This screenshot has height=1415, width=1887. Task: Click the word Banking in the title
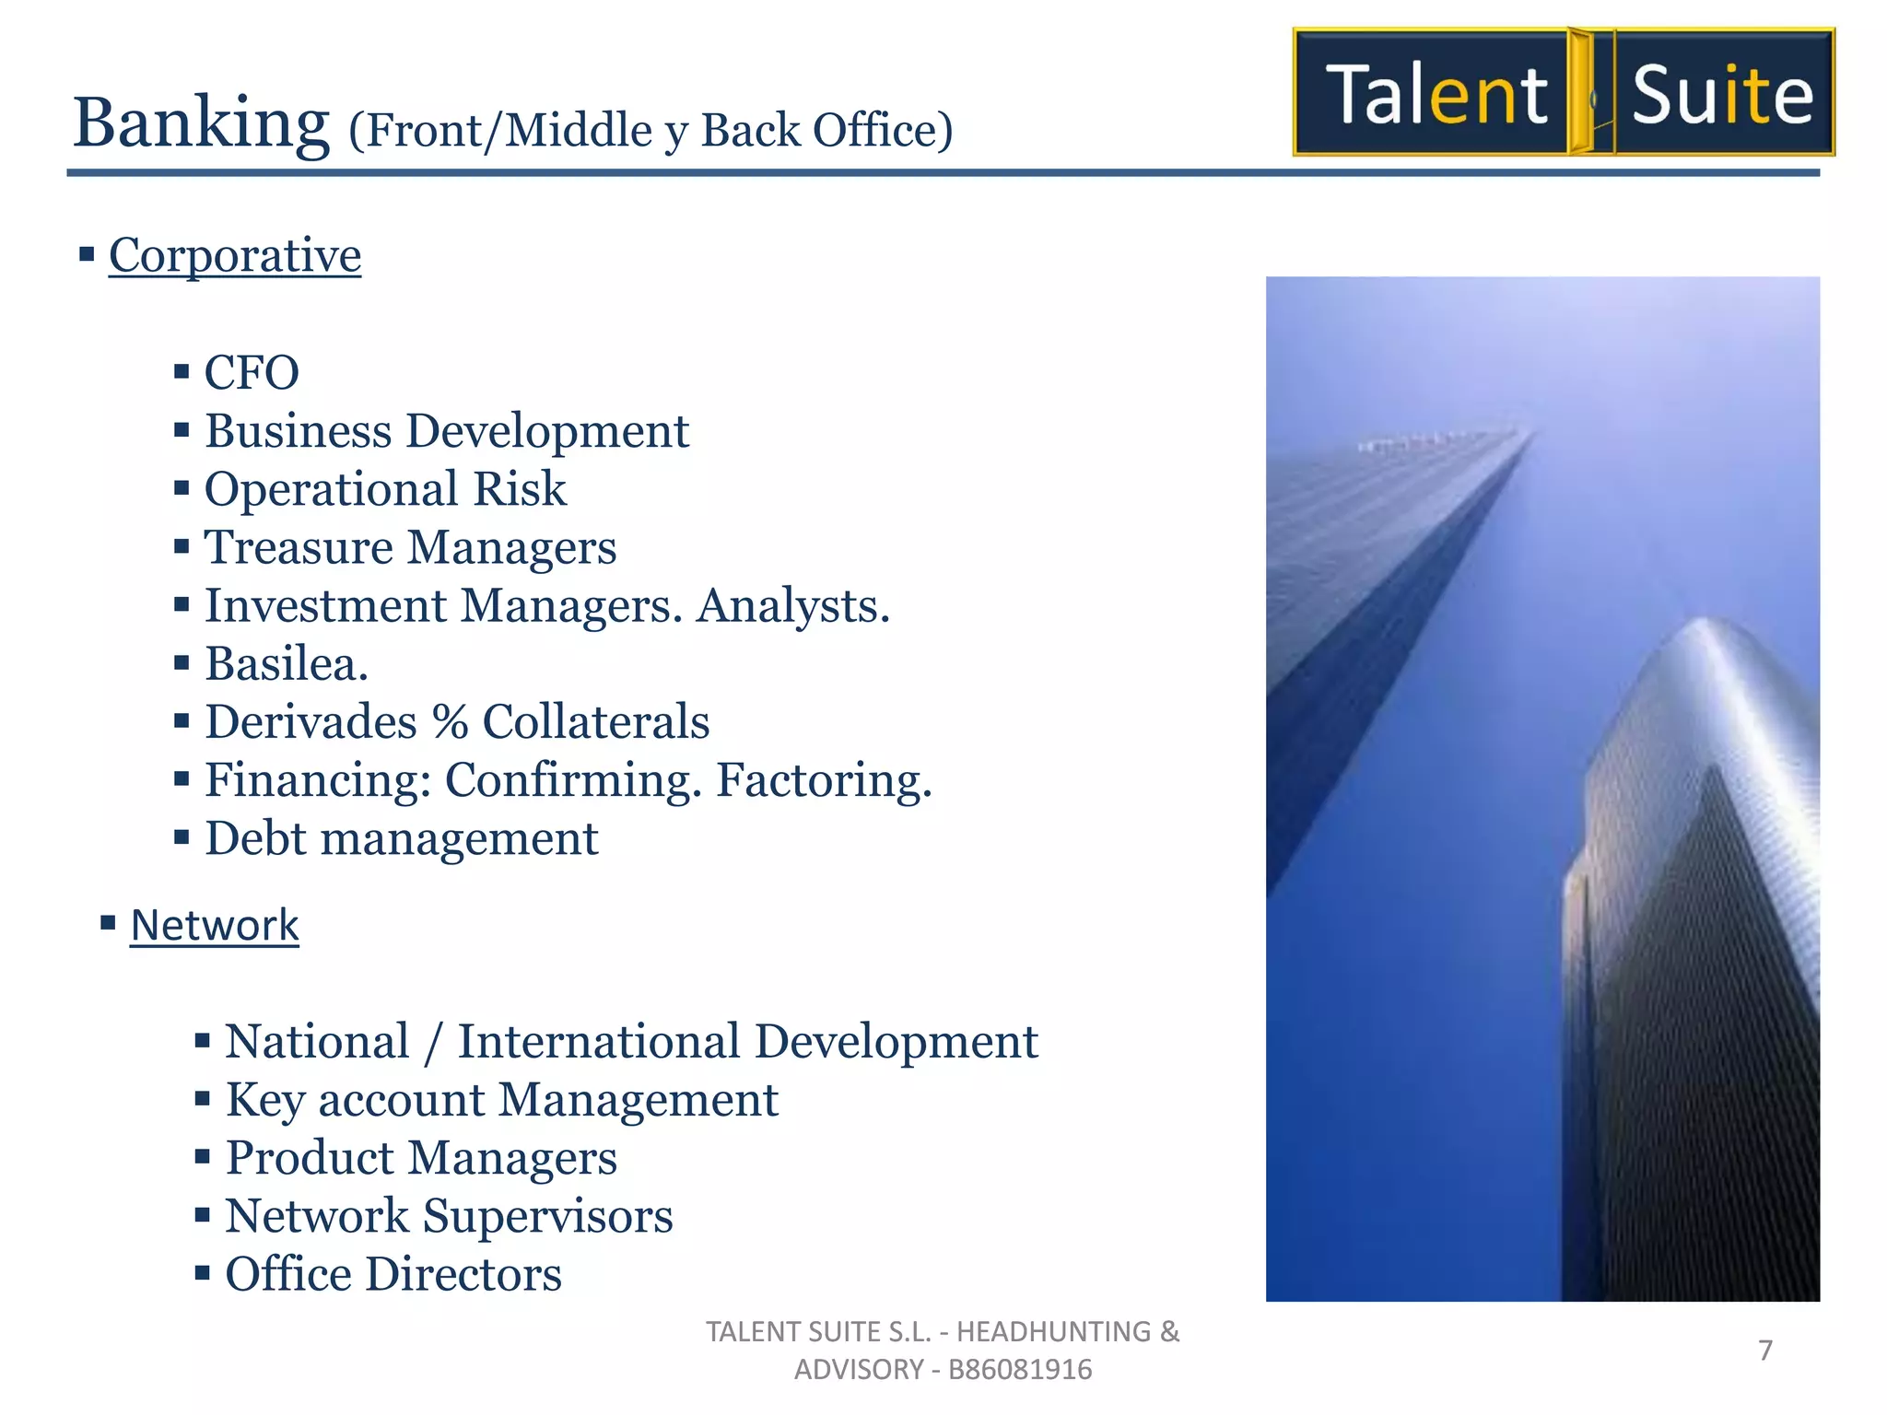[x=201, y=123]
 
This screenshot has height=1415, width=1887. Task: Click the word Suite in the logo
[x=1721, y=95]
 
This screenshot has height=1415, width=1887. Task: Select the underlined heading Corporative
[x=235, y=255]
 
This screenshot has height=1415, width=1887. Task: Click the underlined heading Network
[x=215, y=925]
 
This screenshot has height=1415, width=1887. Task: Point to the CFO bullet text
[x=252, y=373]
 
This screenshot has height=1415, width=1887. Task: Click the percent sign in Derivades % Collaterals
[x=450, y=722]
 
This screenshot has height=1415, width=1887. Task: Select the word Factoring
[x=824, y=780]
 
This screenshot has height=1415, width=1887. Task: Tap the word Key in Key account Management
[x=264, y=1101]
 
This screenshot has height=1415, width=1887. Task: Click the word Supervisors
[x=547, y=1216]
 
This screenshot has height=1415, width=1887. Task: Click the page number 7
[x=1765, y=1351]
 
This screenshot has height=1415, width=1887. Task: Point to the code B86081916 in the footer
[x=1020, y=1370]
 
